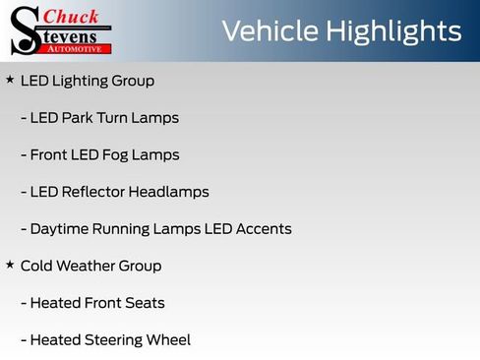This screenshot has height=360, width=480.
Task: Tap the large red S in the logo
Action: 25,30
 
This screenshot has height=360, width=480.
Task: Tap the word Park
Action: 81,118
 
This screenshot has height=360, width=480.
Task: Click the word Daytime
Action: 61,229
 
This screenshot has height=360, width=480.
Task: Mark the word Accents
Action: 265,229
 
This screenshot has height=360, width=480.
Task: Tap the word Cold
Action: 36,267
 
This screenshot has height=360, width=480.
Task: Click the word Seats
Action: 144,303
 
